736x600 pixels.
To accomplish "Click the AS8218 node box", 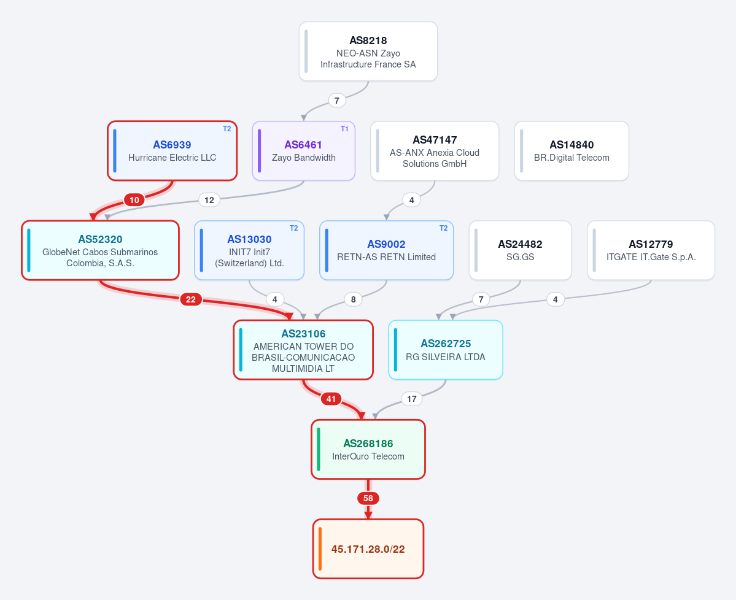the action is click(x=368, y=52).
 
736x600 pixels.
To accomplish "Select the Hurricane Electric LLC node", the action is click(x=172, y=150).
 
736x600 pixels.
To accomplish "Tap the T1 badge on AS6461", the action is click(x=344, y=129).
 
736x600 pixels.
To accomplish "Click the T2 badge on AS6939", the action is click(x=227, y=129).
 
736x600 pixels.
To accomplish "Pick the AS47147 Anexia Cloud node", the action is click(x=435, y=150).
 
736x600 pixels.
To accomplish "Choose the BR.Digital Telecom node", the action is click(x=571, y=150).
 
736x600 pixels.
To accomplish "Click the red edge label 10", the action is click(x=134, y=200).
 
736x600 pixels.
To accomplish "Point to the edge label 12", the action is click(x=209, y=200).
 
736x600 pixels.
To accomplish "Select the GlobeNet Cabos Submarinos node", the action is click(x=101, y=250).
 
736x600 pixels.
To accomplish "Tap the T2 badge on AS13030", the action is click(x=294, y=228).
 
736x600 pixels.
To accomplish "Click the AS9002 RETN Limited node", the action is click(x=386, y=250).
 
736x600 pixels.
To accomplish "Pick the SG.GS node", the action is click(x=520, y=250).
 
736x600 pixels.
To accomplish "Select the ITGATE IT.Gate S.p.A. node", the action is click(x=651, y=250).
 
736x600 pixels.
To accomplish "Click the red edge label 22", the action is click(x=190, y=299).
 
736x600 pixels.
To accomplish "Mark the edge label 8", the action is click(x=353, y=299).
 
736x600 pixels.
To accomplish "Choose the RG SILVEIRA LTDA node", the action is click(x=446, y=350).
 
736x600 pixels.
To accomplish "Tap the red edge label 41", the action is click(x=331, y=399).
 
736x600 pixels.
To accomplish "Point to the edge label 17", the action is click(x=412, y=399).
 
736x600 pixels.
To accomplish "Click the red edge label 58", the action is click(x=368, y=498).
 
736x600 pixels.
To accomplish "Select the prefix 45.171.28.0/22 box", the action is click(x=368, y=549).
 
